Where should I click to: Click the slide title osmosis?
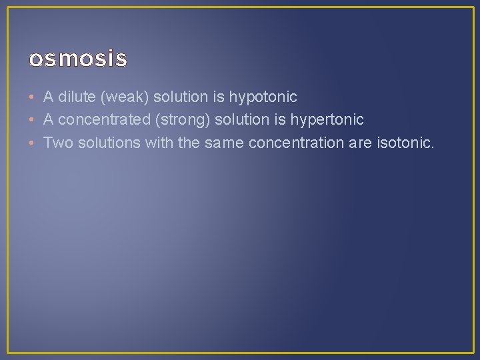pyautogui.click(x=77, y=59)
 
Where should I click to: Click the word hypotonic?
pyautogui.click(x=263, y=97)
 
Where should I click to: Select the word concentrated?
pyautogui.click(x=101, y=119)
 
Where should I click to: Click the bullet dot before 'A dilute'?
pyautogui.click(x=32, y=97)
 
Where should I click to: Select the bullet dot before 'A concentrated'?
pyautogui.click(x=32, y=119)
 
